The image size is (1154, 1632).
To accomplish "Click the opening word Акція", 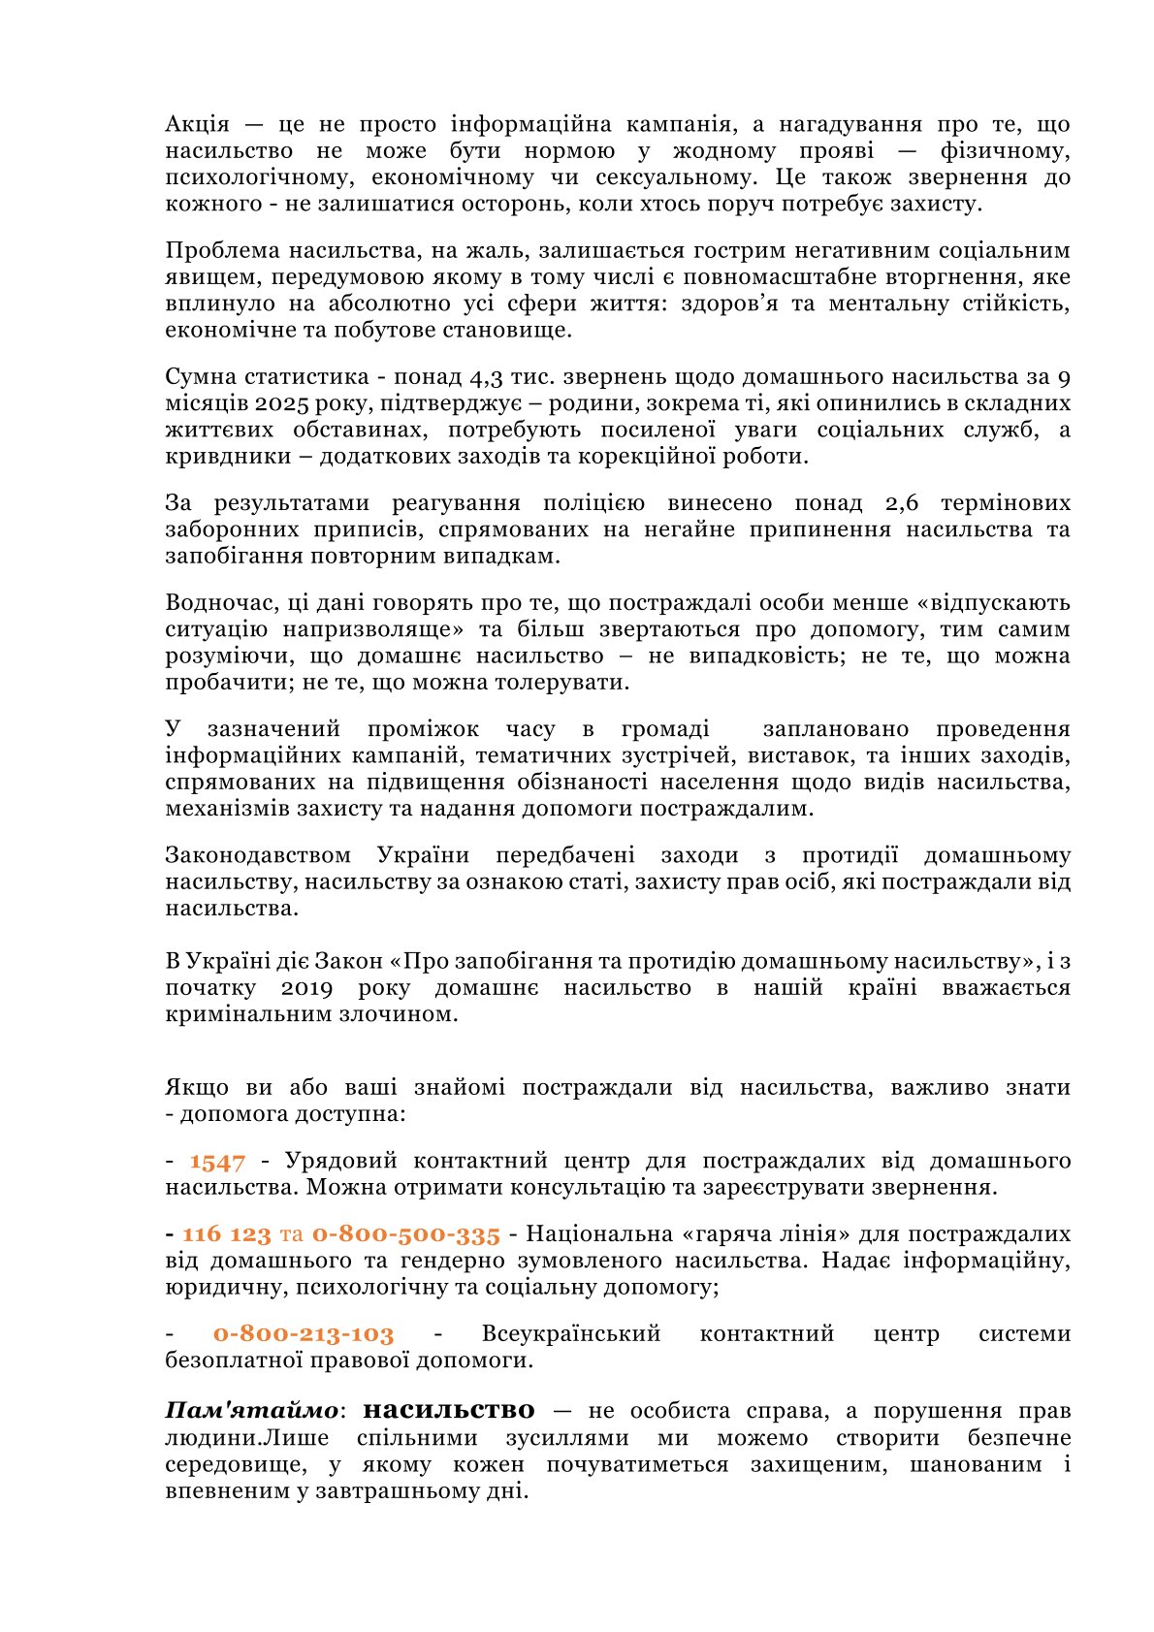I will (197, 124).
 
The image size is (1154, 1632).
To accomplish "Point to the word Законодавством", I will (258, 855).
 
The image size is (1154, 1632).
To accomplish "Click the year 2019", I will (306, 988).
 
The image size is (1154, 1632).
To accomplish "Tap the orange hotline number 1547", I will (217, 1162).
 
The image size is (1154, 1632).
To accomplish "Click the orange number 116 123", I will (226, 1234).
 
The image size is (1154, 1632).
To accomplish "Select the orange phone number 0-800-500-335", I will (405, 1234).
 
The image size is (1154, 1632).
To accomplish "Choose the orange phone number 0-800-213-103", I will (304, 1334).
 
